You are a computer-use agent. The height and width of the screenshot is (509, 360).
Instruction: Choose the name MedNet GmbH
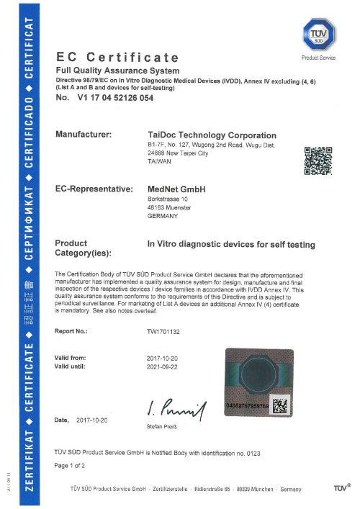(176, 189)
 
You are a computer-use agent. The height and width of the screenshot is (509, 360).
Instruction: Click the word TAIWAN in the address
(159, 162)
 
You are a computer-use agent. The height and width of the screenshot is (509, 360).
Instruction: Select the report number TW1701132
(166, 331)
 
